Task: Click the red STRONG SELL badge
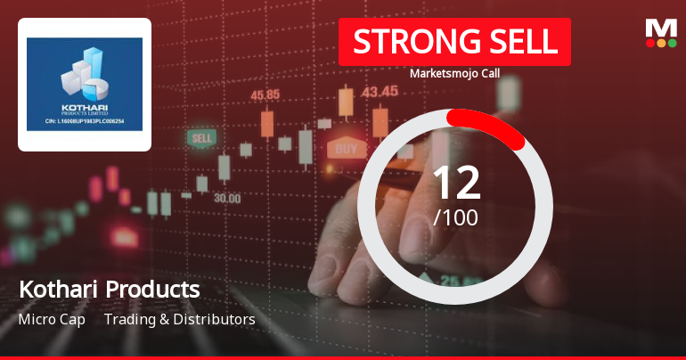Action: [x=454, y=42]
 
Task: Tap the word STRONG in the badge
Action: [x=411, y=42]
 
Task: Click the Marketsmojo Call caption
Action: [x=454, y=73]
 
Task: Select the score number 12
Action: [x=455, y=183]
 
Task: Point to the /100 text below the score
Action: [x=455, y=217]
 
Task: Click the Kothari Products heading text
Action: [x=109, y=290]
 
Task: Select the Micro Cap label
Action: [x=52, y=319]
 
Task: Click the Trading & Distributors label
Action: [x=180, y=319]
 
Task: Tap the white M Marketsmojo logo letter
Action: [x=661, y=28]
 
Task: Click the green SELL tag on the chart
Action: [x=202, y=139]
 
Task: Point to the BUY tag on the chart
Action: [x=346, y=148]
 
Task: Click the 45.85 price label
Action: [x=266, y=94]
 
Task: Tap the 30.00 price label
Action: [x=226, y=198]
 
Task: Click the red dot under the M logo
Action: [x=650, y=42]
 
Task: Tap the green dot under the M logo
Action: [x=672, y=42]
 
